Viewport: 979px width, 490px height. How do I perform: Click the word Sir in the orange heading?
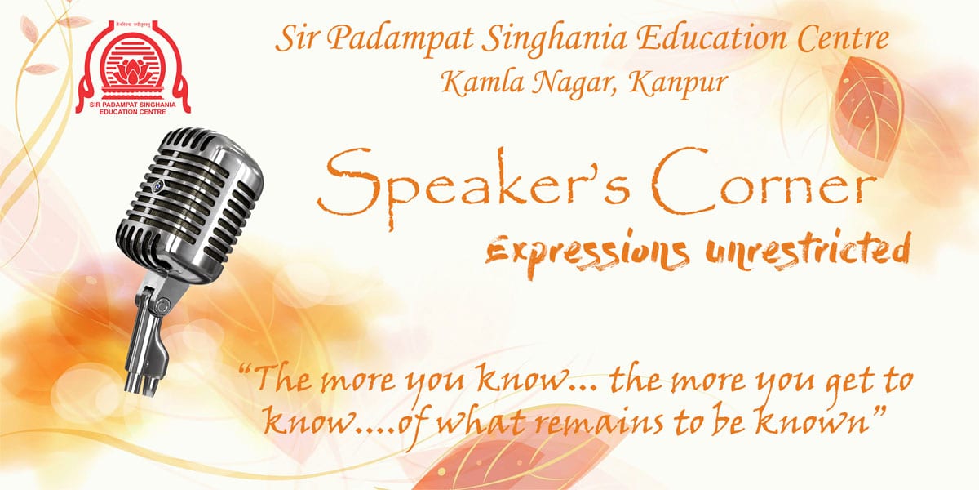292,38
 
